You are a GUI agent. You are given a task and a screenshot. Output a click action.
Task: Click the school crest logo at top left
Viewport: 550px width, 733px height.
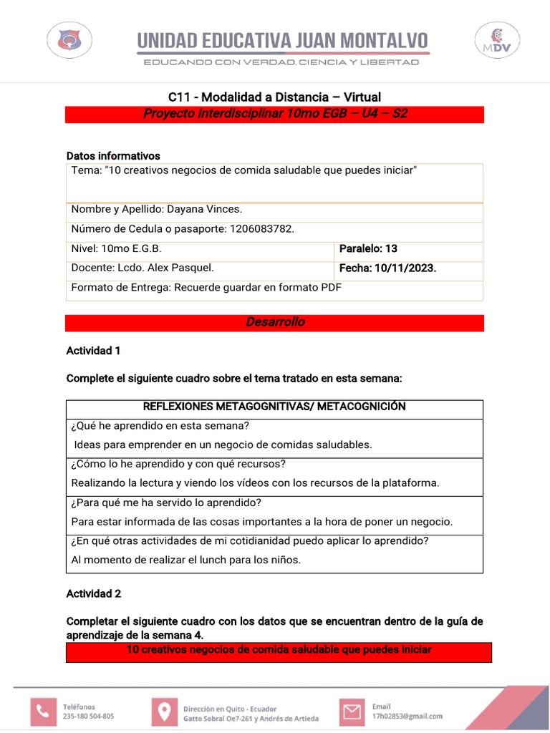pos(69,40)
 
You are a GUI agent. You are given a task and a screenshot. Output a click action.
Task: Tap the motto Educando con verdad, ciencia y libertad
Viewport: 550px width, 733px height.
pos(281,63)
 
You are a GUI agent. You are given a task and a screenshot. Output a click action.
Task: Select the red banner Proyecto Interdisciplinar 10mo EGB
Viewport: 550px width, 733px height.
pos(275,115)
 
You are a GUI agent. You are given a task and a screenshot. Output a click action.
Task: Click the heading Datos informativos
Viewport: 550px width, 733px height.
pos(113,156)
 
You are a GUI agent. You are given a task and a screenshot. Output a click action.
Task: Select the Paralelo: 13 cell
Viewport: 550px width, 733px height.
pos(368,249)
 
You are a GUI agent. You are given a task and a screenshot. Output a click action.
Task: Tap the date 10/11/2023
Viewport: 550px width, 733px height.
pos(406,268)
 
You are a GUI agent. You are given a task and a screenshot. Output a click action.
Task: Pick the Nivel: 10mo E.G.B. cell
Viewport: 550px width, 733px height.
pos(117,249)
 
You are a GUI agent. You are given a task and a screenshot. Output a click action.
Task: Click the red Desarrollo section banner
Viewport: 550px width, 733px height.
pos(275,323)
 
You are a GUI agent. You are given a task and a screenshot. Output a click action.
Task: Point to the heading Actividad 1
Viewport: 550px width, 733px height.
pos(94,351)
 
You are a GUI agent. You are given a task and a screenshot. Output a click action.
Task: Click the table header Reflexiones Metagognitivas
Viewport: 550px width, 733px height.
pos(274,407)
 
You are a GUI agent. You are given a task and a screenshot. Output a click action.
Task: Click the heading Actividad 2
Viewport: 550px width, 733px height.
pos(94,593)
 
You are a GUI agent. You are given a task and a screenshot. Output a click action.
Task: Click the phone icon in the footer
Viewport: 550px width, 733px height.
pos(44,711)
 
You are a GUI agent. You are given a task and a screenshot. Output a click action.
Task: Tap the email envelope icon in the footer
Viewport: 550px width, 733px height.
pos(351,712)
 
